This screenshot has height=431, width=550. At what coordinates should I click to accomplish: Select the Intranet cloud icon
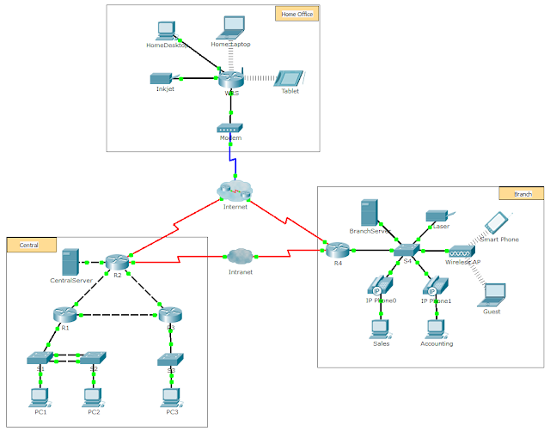coord(240,256)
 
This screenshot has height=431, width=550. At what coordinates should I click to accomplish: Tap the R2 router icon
coord(118,261)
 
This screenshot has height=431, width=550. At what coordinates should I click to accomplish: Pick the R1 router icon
coord(65,314)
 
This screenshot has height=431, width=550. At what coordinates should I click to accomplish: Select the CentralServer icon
coord(70,261)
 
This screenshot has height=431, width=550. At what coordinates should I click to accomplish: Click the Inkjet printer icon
coord(163,78)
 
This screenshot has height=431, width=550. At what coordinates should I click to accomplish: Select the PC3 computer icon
coord(171,397)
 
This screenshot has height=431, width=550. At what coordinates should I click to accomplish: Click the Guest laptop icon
coord(492,294)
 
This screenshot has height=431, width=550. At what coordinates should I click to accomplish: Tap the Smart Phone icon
coord(495,222)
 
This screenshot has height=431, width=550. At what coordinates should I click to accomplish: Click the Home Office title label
coord(297,14)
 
